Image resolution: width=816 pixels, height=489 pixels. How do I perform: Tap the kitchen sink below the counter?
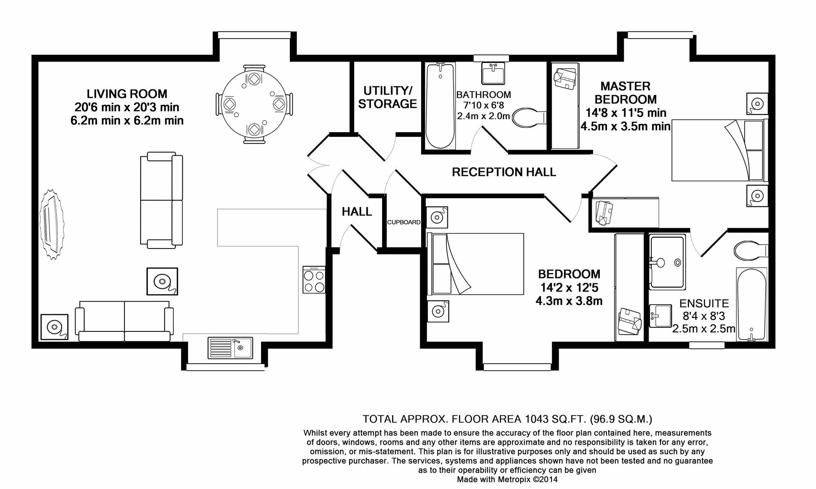230,348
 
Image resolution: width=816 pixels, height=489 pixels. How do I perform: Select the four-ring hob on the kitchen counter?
314,280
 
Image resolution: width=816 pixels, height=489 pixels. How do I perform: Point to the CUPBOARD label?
403,222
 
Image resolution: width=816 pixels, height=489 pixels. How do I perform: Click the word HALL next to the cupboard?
356,211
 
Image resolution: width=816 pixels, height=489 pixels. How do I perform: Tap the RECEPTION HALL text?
503,172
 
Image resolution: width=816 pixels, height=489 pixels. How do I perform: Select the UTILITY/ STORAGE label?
387,97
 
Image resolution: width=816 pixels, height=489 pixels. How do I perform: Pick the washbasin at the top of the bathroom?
493,74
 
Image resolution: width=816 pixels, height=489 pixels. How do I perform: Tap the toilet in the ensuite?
750,250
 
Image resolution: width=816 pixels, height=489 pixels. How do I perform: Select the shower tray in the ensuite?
667,262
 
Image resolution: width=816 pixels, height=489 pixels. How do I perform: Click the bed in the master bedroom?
719,150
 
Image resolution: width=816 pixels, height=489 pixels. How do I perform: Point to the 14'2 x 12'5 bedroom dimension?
569,288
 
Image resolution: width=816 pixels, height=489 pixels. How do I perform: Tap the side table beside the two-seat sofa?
162,281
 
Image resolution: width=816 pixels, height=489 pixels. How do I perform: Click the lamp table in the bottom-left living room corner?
54,326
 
